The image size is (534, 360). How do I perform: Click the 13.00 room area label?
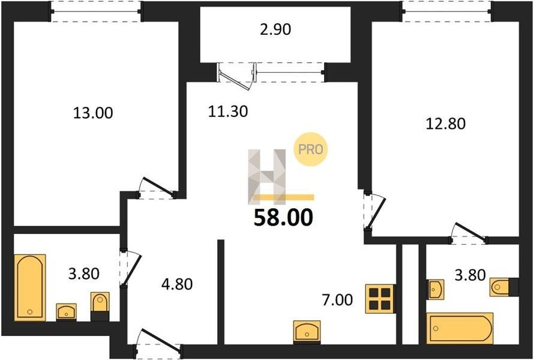pos(92,113)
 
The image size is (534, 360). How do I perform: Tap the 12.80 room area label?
pos(445,124)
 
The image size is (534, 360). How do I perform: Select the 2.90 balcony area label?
pos(275,29)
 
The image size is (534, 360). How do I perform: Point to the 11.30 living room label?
pos(228,112)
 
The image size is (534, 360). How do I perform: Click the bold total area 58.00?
pos(283,218)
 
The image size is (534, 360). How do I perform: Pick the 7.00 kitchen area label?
pos(337,300)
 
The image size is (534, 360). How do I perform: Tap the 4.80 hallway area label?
pos(177,284)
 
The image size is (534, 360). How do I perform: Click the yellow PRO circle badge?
pos(311,149)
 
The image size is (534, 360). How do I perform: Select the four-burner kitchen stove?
pos(380,298)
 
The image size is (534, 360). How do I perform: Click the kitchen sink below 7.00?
pos(307,331)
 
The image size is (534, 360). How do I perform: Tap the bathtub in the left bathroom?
pos(30,287)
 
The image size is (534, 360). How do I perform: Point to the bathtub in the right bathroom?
pos(460,328)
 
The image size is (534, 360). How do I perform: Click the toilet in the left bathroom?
pos(100,305)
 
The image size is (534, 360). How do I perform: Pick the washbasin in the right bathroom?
pos(436,289)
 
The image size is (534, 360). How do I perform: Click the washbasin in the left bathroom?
pos(67,312)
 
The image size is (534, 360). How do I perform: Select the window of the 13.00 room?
pos(96,11)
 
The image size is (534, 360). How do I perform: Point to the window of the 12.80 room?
pos(447,11)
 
